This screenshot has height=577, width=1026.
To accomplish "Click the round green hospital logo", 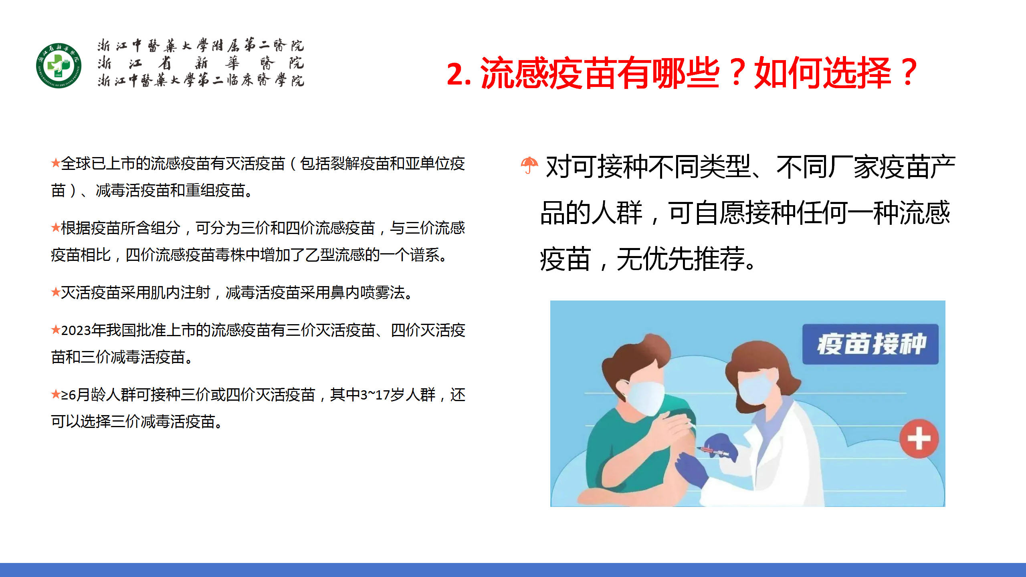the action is pyautogui.click(x=59, y=66).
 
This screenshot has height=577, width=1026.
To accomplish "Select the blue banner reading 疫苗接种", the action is pyautogui.click(x=870, y=344).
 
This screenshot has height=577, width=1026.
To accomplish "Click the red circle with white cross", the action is pyautogui.click(x=919, y=439).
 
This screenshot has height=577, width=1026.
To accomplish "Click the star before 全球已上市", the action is pyautogui.click(x=56, y=163).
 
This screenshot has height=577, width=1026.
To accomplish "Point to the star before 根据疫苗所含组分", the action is pyautogui.click(x=56, y=228).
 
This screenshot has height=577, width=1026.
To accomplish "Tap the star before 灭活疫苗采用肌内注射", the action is pyautogui.click(x=56, y=292).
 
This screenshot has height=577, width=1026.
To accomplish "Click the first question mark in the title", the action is pyautogui.click(x=737, y=73).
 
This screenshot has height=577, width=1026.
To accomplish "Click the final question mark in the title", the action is pyautogui.click(x=908, y=73).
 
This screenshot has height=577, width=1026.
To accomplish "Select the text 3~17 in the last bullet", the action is pyautogui.click(x=375, y=395).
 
